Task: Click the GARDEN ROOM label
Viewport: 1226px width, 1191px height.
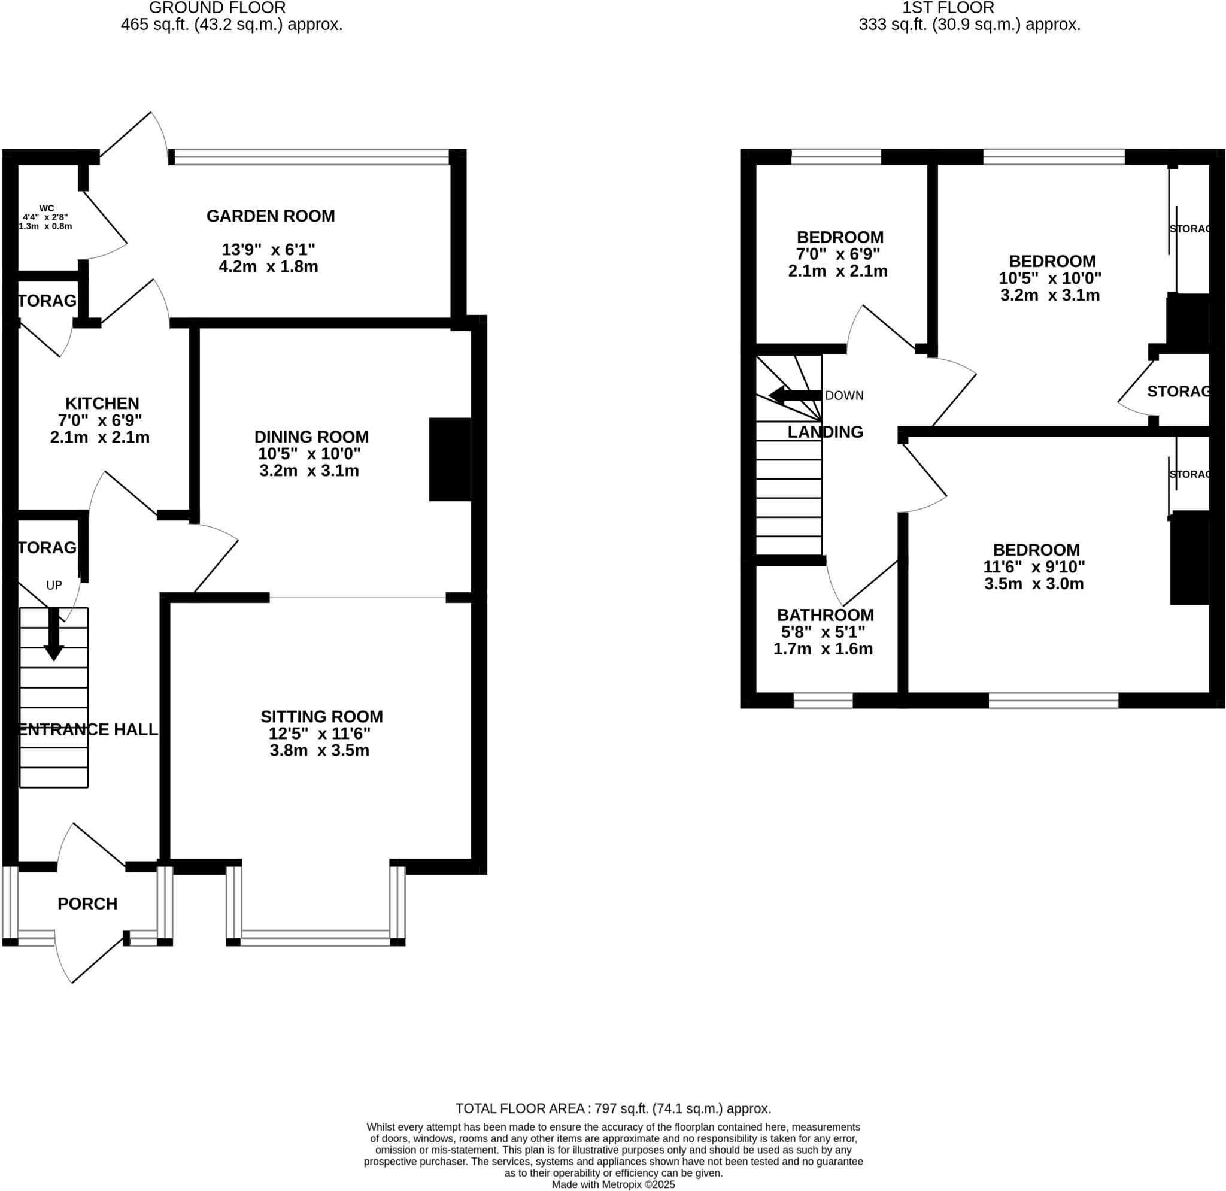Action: tap(270, 216)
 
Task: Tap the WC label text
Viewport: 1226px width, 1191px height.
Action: tap(46, 208)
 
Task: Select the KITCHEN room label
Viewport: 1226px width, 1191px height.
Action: tap(102, 404)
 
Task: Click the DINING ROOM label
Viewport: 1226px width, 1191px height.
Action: tap(311, 437)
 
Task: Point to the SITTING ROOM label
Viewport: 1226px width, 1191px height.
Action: tap(321, 716)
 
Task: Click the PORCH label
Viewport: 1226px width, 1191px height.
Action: tap(87, 904)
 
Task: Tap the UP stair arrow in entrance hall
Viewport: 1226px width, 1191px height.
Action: tap(54, 633)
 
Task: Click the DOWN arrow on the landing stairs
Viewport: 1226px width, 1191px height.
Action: tap(794, 395)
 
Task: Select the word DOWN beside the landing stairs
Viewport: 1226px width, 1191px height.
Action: tap(844, 395)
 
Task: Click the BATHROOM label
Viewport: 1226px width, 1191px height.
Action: tap(825, 615)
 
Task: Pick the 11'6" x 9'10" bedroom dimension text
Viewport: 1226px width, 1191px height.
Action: tap(1034, 566)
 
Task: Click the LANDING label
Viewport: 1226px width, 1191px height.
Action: tap(825, 432)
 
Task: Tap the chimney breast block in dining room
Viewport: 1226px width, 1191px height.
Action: tap(449, 459)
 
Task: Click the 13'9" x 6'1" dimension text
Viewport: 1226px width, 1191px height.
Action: tap(268, 250)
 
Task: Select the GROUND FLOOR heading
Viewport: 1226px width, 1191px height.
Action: tap(217, 8)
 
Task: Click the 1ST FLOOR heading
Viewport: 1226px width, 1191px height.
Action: tap(948, 8)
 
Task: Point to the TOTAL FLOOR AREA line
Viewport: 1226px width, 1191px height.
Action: tap(613, 1108)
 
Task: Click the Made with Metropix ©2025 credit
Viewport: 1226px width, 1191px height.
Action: tap(613, 1184)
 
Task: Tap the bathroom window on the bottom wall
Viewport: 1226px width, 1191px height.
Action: tap(823, 700)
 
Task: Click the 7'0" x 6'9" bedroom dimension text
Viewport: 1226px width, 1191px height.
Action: tap(837, 254)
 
